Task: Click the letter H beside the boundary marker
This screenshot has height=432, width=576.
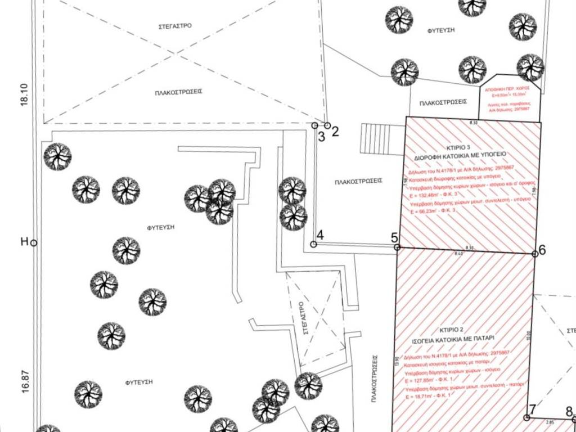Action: click(24, 242)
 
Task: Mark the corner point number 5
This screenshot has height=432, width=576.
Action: click(395, 237)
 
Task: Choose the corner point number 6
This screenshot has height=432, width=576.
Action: click(542, 249)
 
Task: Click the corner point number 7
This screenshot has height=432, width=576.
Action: click(532, 409)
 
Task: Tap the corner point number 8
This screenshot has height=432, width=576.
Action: click(569, 411)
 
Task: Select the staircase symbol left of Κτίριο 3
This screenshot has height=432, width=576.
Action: click(375, 137)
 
